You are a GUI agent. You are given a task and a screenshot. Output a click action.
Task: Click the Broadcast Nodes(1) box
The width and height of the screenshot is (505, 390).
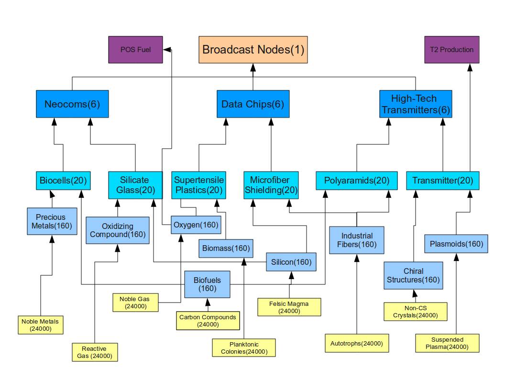253,50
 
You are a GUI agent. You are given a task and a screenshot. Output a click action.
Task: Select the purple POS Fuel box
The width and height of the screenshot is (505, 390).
135,50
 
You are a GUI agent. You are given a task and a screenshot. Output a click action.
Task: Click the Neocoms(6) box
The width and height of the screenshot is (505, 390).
72,104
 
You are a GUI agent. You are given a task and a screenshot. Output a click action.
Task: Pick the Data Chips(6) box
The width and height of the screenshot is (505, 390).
252,104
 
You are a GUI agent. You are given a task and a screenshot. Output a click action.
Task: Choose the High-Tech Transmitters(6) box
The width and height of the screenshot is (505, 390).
415,104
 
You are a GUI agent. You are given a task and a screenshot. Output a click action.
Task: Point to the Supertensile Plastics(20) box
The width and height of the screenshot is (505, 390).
198,185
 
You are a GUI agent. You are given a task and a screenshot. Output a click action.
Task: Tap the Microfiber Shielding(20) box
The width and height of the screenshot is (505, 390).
271,185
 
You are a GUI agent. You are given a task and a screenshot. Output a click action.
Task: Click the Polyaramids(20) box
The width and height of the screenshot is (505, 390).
357,181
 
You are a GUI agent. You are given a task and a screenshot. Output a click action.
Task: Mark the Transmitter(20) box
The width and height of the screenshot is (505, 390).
442,181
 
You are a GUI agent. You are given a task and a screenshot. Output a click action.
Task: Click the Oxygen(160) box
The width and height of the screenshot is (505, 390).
196,225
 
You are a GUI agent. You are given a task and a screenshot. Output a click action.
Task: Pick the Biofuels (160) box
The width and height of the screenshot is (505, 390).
208,284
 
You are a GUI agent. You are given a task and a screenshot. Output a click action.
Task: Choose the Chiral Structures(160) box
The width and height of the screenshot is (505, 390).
413,275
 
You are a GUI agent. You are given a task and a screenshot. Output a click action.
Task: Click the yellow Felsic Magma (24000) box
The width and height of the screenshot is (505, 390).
289,307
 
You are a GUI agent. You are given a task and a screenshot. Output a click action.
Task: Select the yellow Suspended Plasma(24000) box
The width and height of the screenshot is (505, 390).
447,343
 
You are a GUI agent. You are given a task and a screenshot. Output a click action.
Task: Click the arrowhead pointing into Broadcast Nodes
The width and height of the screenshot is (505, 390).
253,67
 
